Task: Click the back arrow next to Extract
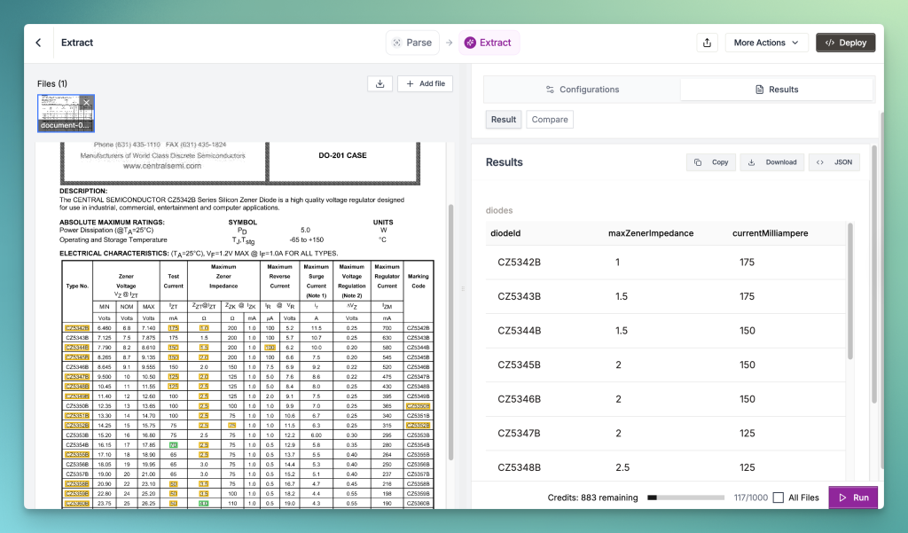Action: pos(38,43)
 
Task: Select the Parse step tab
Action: pos(412,43)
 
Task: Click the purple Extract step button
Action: pos(489,43)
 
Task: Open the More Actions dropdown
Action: pos(766,43)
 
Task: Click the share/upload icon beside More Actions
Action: pos(707,43)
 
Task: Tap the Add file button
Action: pos(426,83)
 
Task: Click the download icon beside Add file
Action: pos(380,83)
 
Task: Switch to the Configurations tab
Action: pos(582,90)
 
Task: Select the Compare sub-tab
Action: pos(550,120)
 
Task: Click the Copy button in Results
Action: pos(711,162)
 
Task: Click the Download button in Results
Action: pos(773,162)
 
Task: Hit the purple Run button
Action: pos(853,498)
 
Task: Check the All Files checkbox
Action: pos(778,498)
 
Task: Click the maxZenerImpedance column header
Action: pos(650,233)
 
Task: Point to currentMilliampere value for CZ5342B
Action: pos(747,263)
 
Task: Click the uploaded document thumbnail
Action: pos(66,113)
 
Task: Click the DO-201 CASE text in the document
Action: pos(342,155)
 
